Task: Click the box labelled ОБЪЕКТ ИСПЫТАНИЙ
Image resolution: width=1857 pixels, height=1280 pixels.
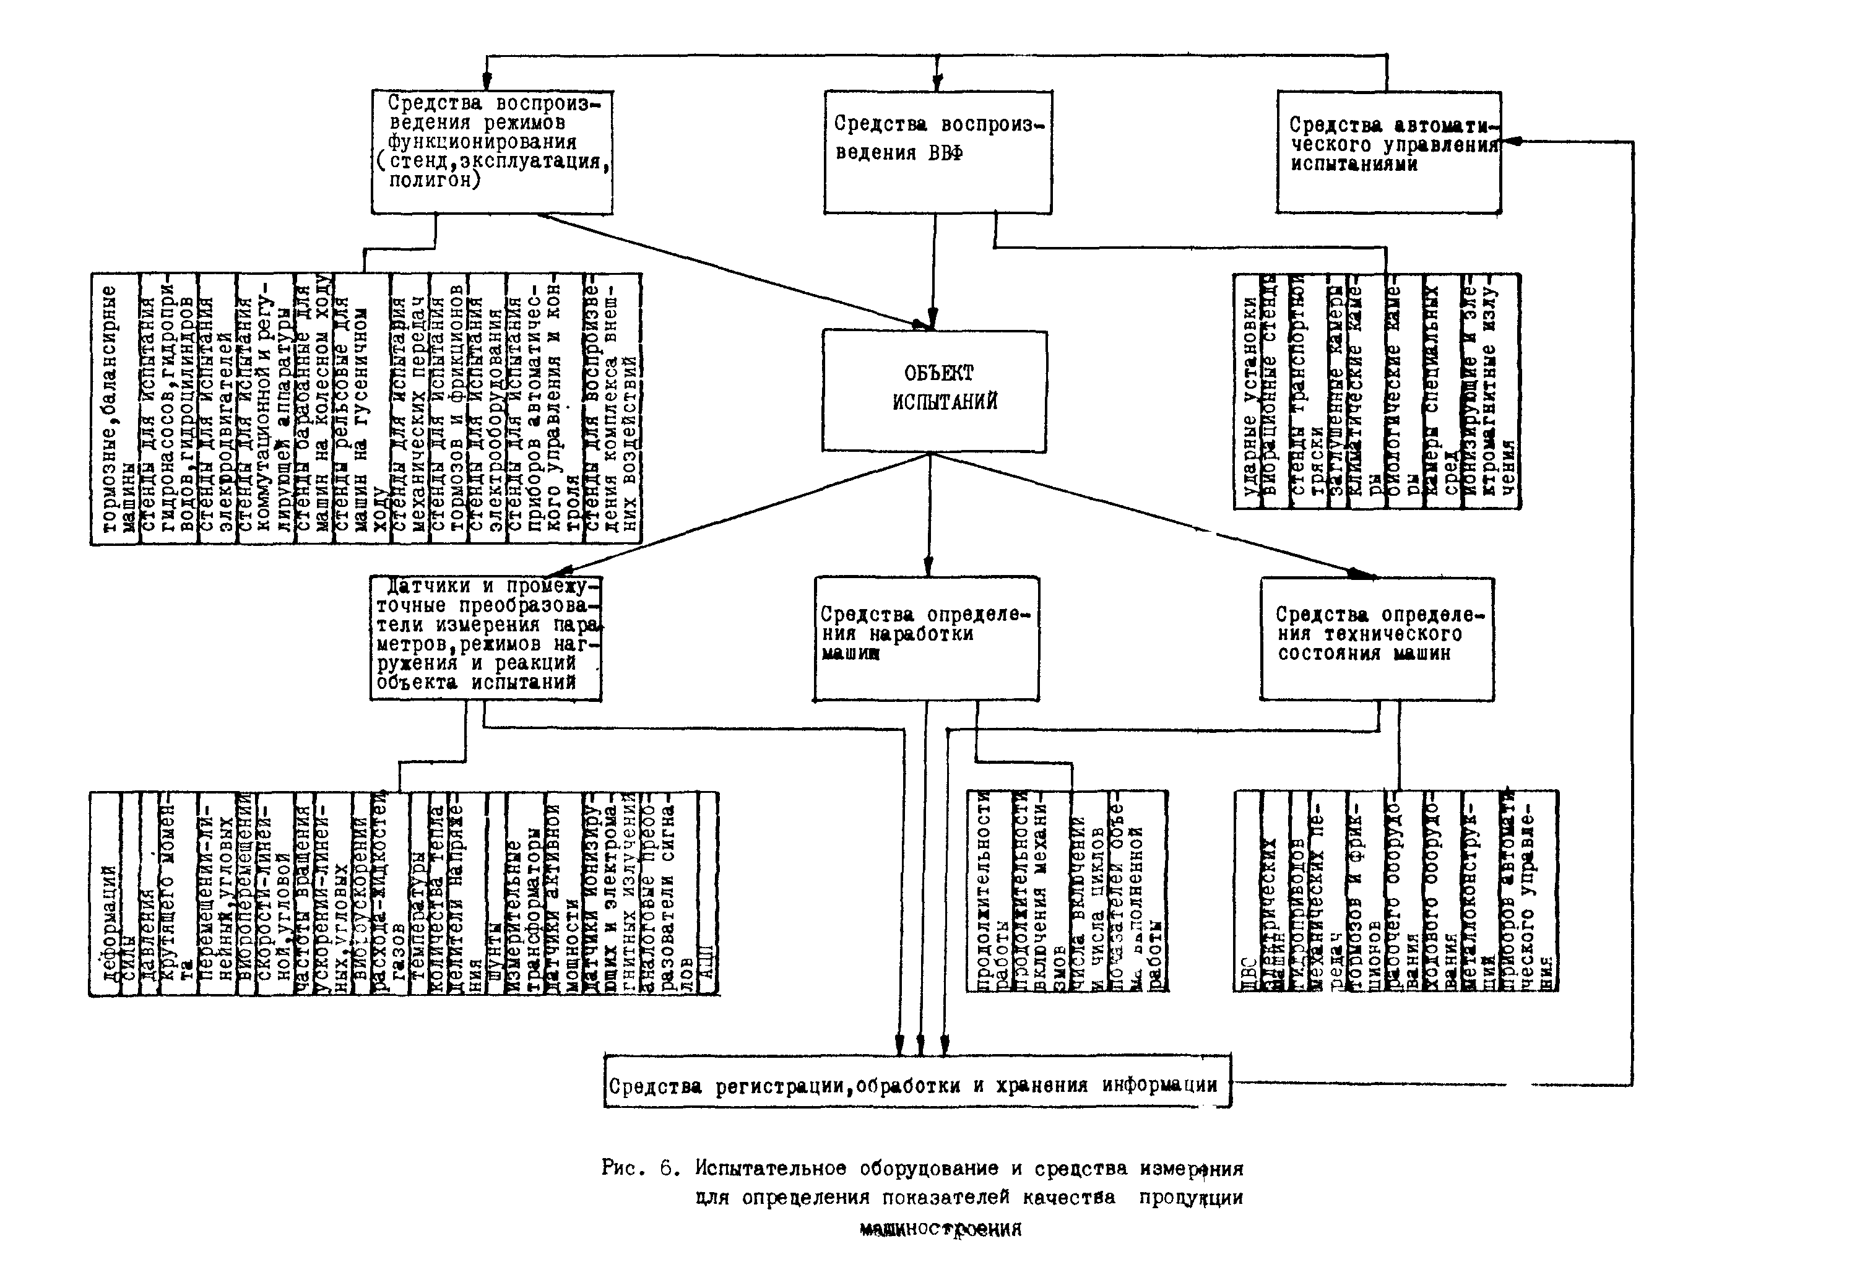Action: tap(933, 390)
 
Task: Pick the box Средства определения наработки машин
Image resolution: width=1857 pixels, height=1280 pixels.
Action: tap(926, 638)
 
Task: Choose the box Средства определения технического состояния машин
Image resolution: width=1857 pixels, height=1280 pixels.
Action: tap(1377, 638)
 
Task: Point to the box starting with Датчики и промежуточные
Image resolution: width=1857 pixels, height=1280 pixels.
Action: tap(485, 638)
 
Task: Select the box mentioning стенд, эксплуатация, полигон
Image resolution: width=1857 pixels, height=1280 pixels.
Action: tap(492, 152)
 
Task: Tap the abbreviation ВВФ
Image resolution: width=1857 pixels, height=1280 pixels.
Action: tap(945, 152)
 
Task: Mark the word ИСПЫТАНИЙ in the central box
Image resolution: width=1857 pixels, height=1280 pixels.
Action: tap(945, 402)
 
